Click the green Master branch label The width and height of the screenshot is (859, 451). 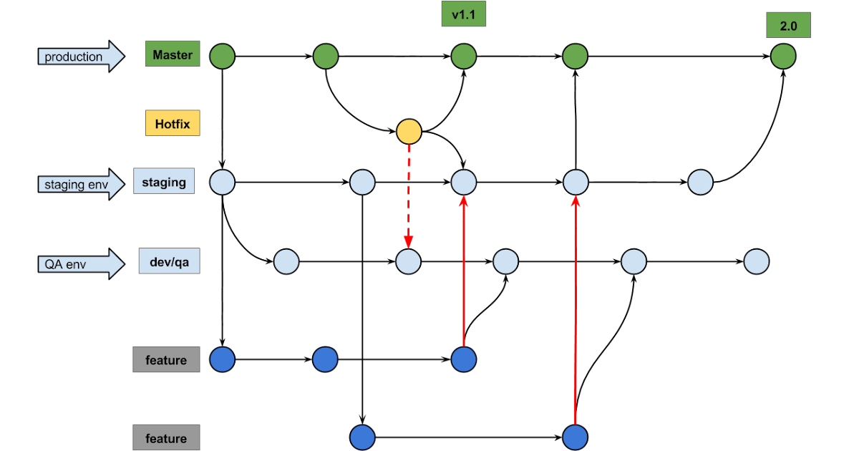pos(173,54)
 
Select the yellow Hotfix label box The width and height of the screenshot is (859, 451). pos(173,123)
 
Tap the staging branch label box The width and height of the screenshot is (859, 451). pos(164,182)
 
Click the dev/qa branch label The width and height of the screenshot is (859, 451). pos(170,261)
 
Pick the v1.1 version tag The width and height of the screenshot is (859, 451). pos(464,14)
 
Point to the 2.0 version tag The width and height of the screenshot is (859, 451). pos(788,26)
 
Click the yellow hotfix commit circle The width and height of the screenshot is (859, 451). pos(409,132)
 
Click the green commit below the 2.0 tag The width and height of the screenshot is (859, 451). pos(783,56)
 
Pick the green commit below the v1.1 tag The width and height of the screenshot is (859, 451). pos(464,56)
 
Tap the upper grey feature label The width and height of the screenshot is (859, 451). pos(166,359)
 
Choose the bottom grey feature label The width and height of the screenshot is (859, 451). pos(166,437)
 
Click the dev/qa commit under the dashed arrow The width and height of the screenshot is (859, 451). pos(408,262)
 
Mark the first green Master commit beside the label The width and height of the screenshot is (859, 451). pos(223,56)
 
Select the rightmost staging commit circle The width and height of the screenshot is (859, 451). pos(700,183)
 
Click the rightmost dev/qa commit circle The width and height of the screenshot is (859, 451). pos(756,262)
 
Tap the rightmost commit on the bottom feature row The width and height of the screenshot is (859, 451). pos(575,437)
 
